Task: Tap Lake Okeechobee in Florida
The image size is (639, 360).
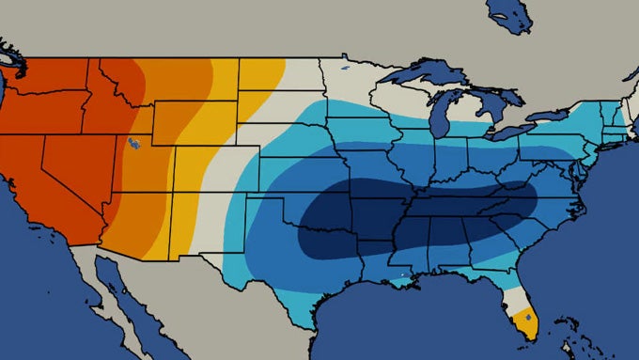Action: (x=528, y=318)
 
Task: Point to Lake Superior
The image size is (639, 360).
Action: (x=423, y=73)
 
